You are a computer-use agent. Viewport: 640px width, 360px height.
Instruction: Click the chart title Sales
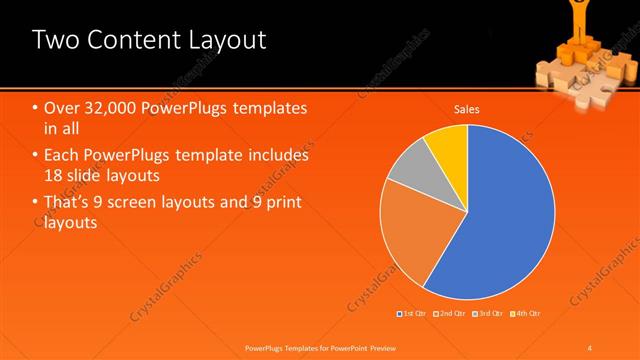click(x=467, y=108)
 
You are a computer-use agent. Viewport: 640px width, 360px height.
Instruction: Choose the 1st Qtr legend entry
click(x=413, y=314)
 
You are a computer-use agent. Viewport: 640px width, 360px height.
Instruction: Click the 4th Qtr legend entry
click(x=528, y=314)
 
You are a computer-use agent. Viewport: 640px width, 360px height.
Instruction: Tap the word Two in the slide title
click(x=53, y=40)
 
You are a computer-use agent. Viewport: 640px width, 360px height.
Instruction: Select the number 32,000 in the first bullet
click(x=106, y=108)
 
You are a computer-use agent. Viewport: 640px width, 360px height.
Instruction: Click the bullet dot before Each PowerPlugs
click(x=36, y=156)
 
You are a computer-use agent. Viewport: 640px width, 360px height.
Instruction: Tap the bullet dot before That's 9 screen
click(x=36, y=203)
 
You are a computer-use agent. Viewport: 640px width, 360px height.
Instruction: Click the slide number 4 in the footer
click(x=590, y=347)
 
